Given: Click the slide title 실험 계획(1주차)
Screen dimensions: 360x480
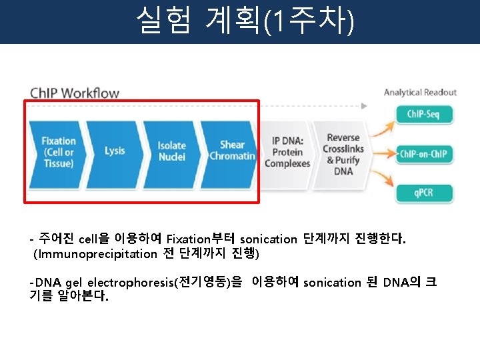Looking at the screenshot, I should click(x=244, y=21).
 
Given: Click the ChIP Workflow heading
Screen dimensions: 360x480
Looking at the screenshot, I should click(x=75, y=93).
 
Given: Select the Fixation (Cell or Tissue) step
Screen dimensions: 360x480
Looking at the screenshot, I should click(x=59, y=152).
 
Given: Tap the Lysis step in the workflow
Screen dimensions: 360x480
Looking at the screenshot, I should click(x=115, y=151).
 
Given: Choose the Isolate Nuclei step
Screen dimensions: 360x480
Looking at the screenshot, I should click(x=172, y=151).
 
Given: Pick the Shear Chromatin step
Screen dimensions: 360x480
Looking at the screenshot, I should click(x=232, y=151).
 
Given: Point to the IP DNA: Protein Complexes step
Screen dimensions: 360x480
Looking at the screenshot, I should click(x=287, y=152).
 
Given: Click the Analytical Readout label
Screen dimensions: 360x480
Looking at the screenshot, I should click(x=420, y=92).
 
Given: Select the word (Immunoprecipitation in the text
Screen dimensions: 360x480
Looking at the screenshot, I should click(x=95, y=253).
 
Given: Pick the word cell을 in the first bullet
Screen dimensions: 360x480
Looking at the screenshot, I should click(x=93, y=238).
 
